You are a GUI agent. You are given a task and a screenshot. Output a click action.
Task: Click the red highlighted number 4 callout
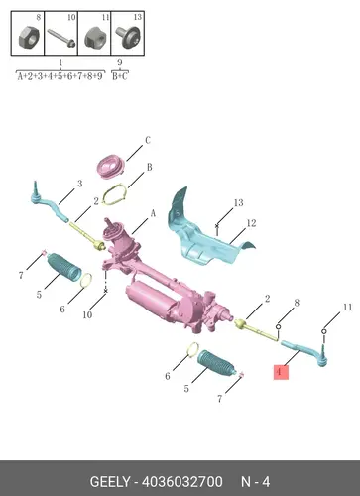click(x=281, y=372)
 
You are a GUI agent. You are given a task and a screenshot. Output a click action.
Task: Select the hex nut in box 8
click(x=29, y=38)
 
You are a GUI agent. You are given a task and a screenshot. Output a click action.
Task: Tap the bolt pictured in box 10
click(x=61, y=38)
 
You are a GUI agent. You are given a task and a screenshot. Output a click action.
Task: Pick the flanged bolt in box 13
click(x=128, y=37)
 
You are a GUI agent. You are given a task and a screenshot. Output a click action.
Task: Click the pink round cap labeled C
click(x=111, y=167)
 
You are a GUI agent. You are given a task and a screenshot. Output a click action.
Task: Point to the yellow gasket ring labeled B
click(x=115, y=195)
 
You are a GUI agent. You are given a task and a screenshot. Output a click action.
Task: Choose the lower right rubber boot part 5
click(x=217, y=363)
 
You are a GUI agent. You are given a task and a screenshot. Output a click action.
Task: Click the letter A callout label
click(x=153, y=213)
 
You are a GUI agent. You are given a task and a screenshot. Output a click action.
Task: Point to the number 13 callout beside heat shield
click(x=239, y=202)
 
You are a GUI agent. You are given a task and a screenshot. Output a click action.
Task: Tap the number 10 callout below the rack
click(x=87, y=314)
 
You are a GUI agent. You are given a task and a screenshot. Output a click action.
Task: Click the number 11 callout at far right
click(x=347, y=308)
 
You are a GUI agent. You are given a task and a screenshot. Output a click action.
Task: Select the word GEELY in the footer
click(x=110, y=482)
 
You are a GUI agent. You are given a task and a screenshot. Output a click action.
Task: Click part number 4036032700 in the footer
click(x=182, y=482)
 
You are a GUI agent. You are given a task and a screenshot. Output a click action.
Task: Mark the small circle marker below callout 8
click(x=279, y=327)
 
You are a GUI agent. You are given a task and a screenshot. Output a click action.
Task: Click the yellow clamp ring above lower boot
click(x=193, y=350)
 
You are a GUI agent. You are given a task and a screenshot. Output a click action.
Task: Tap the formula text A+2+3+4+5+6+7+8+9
click(x=60, y=76)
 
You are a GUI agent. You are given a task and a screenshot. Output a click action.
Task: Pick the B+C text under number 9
click(x=120, y=76)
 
